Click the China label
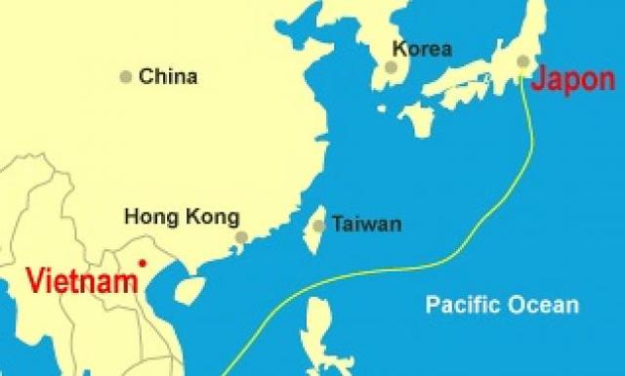168,76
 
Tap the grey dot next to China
125,76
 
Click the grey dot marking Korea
392,67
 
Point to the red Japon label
572,81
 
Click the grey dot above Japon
523,62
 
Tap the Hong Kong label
181,217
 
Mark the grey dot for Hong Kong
241,236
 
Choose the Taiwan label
366,224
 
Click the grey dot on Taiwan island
319,226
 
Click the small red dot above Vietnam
143,262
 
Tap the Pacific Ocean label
502,305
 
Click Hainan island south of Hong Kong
190,289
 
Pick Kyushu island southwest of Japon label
416,118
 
